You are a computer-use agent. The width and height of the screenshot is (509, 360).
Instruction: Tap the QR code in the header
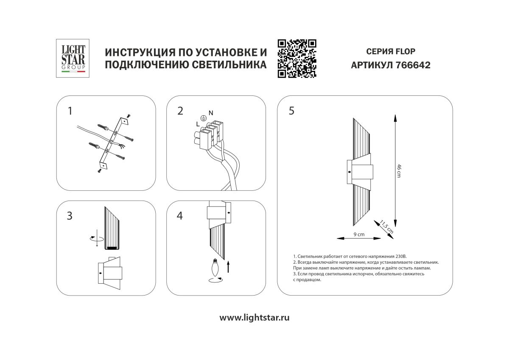click(x=297, y=59)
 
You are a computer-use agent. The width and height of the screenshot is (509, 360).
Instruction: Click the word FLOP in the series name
click(x=405, y=52)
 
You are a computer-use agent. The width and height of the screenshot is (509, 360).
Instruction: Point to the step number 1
click(x=70, y=111)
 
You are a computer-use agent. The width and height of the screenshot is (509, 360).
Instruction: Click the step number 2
click(x=180, y=111)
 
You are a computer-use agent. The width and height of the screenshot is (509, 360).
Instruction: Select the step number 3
click(x=70, y=215)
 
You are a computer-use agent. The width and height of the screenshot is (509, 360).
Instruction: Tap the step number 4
click(x=180, y=215)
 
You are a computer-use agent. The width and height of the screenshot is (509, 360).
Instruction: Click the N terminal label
click(x=211, y=112)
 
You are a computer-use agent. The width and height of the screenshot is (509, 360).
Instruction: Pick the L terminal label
click(x=198, y=124)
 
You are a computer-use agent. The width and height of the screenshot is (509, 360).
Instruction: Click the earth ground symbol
click(x=203, y=119)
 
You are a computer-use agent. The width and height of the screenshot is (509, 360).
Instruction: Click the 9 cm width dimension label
click(x=359, y=234)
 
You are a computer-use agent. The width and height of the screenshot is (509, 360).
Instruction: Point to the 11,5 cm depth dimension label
click(x=386, y=227)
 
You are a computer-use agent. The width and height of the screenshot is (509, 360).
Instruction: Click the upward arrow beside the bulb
click(x=229, y=267)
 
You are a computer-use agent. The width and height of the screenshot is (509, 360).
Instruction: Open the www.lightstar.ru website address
click(x=255, y=318)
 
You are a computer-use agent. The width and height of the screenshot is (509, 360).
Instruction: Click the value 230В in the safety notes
click(x=400, y=257)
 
